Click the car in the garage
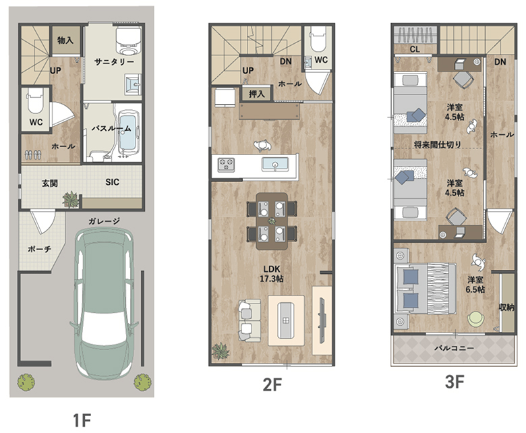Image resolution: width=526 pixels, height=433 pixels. pyautogui.click(x=104, y=304)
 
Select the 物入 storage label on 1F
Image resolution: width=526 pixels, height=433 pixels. pyautogui.click(x=65, y=40)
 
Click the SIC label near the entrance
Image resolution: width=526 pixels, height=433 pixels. pyautogui.click(x=112, y=182)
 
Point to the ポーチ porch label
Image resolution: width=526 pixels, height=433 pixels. pyautogui.click(x=39, y=249)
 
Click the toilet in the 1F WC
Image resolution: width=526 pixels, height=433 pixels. pyautogui.click(x=35, y=100)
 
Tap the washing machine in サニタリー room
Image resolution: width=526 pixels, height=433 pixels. pyautogui.click(x=128, y=40)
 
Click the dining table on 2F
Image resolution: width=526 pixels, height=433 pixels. pyautogui.click(x=272, y=221)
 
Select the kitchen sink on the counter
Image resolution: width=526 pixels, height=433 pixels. pyautogui.click(x=275, y=165)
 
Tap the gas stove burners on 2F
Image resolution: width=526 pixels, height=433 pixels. pyautogui.click(x=226, y=165)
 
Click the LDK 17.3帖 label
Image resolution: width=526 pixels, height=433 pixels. pyautogui.click(x=271, y=274)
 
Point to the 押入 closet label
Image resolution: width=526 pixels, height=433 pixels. pyautogui.click(x=257, y=94)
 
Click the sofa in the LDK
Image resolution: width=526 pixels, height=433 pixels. pyautogui.click(x=250, y=320)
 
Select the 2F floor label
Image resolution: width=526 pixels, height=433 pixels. pyautogui.click(x=272, y=384)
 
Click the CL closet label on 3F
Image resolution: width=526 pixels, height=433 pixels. pyautogui.click(x=415, y=49)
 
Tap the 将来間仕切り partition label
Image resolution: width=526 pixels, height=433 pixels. pyautogui.click(x=438, y=145)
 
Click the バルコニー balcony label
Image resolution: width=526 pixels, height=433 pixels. pyautogui.click(x=455, y=348)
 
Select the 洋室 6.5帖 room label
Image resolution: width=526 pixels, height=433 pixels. pyautogui.click(x=475, y=285)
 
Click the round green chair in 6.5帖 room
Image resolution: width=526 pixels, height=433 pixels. pyautogui.click(x=475, y=318)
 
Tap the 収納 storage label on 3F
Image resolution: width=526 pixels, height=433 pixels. pyautogui.click(x=506, y=307)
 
